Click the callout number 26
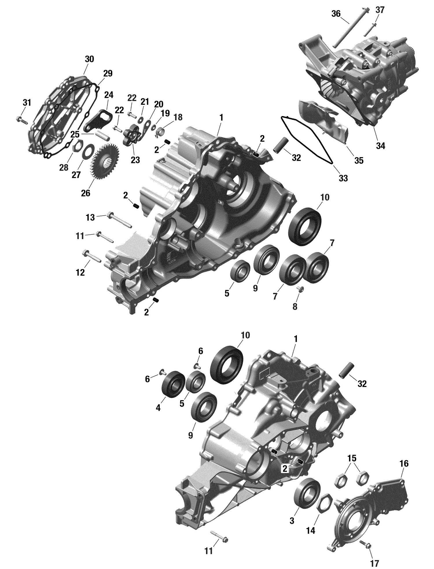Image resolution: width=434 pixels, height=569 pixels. tap(86, 193)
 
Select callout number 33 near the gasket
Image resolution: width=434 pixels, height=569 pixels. tap(343, 178)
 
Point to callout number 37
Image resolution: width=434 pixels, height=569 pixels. tap(380, 10)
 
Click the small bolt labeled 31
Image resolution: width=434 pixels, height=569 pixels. tap(21, 120)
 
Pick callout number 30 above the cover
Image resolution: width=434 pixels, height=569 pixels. tap(89, 59)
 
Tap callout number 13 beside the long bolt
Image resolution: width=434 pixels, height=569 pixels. tap(90, 217)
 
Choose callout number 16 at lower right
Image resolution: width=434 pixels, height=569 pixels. tap(404, 463)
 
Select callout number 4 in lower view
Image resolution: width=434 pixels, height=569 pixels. tap(158, 408)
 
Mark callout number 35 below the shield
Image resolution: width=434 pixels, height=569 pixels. tap(359, 161)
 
